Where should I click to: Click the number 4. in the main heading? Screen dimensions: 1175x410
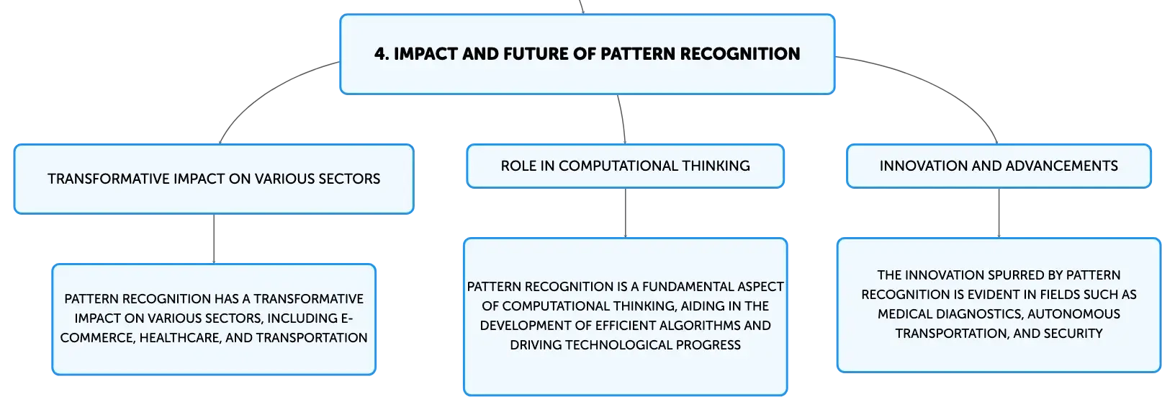pos(382,53)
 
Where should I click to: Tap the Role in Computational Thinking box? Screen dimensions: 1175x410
pos(625,166)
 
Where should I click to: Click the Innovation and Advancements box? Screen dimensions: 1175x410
pos(999,166)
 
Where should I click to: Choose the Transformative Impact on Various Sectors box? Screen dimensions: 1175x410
pos(214,179)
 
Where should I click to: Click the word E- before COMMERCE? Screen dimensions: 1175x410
pos(347,318)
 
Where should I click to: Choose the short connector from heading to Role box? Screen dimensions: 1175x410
pos(623,119)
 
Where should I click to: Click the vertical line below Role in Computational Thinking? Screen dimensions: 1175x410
pos(625,213)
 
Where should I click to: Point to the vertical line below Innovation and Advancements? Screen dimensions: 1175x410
pos(999,213)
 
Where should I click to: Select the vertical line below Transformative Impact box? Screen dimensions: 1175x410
pos(214,239)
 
